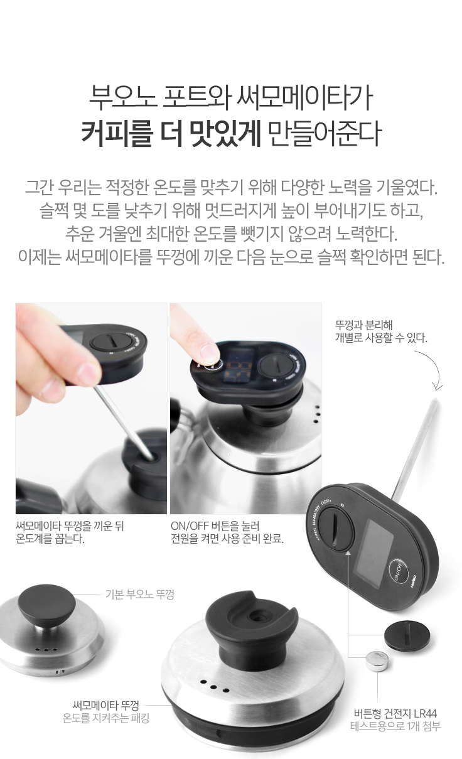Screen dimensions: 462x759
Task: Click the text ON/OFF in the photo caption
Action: (190, 526)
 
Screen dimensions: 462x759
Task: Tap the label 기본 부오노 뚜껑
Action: (140, 594)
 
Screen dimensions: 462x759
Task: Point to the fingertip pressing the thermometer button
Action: (208, 352)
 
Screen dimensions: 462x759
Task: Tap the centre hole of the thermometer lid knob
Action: (256, 615)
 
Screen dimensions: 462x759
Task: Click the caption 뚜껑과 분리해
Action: (364, 325)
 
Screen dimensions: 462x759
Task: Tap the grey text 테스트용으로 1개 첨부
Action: (395, 726)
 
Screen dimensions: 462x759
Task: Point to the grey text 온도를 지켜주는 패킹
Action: (105, 718)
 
